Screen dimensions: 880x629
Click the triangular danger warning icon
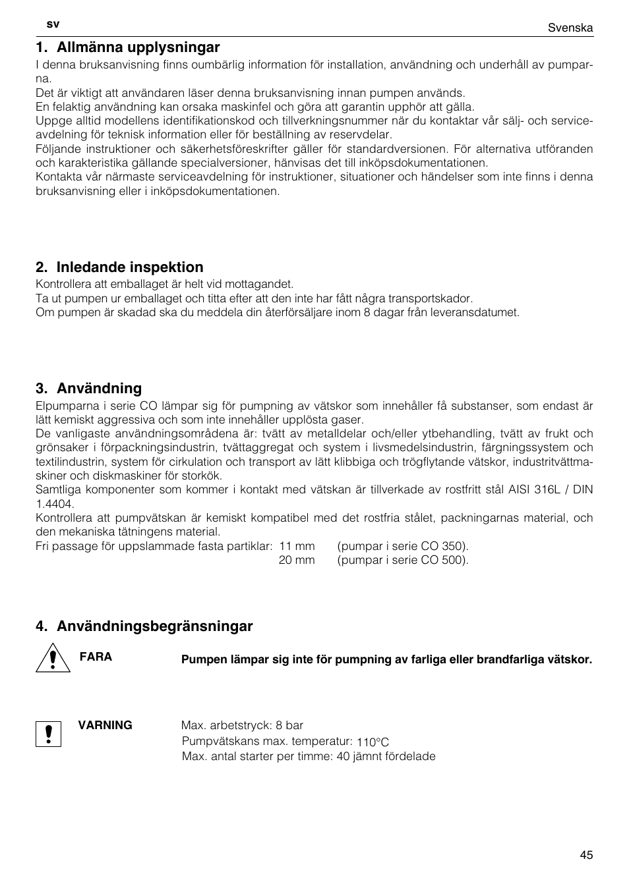[53, 659]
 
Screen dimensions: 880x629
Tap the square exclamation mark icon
[49, 734]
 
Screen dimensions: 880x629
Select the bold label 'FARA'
[96, 657]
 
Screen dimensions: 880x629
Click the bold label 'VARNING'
[105, 725]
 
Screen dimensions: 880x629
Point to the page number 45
[586, 855]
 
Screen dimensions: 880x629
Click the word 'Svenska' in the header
[570, 28]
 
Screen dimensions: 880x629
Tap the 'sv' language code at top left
[53, 24]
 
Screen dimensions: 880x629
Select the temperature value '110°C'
[373, 742]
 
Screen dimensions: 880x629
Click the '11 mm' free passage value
[297, 546]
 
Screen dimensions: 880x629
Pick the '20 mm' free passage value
[297, 560]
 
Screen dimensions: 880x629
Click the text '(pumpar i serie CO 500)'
[403, 560]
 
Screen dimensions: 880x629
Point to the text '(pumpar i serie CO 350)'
[403, 546]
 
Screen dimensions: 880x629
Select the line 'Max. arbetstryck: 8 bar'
[243, 725]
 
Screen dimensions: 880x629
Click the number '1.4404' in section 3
[54, 504]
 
